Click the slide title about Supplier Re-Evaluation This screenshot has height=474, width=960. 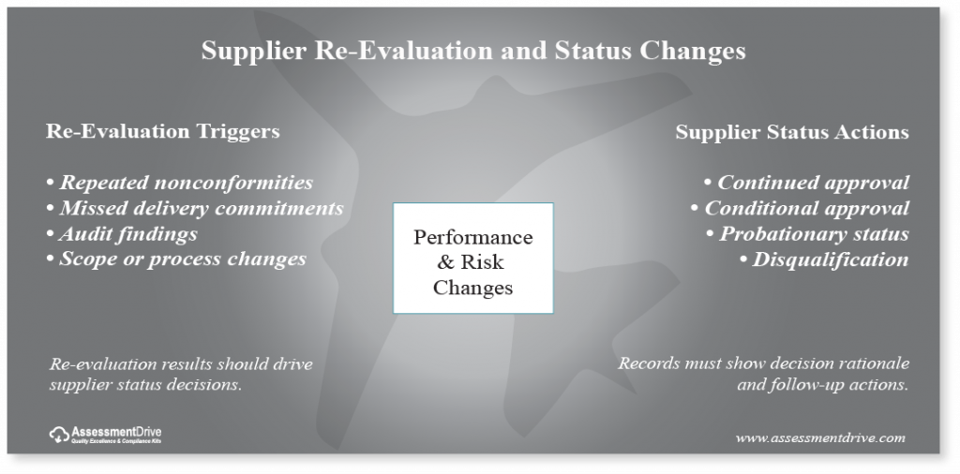tap(473, 51)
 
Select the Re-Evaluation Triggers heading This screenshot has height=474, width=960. tap(163, 131)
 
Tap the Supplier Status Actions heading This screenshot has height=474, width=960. tap(792, 132)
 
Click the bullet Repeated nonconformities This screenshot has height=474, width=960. tap(180, 183)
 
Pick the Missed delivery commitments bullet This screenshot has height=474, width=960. tap(195, 208)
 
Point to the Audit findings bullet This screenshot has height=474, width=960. tap(123, 233)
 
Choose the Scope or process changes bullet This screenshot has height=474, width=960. tap(176, 259)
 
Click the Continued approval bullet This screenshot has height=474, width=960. tap(806, 183)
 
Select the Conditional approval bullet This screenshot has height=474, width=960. tap(800, 208)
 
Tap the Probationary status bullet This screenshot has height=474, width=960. tap(807, 233)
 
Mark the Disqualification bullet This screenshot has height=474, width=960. tap(824, 259)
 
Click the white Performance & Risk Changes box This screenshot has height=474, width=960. tap(473, 259)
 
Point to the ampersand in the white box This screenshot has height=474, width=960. tap(445, 262)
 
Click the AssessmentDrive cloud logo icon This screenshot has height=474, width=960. tap(59, 435)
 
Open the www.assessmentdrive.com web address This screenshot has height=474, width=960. tap(819, 437)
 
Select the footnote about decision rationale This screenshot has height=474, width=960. tap(763, 374)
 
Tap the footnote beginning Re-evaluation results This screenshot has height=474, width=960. tap(181, 374)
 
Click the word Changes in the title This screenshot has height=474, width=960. tap(693, 52)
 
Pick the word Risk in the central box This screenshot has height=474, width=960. tap(482, 262)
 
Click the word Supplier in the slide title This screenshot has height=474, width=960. tap(253, 52)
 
